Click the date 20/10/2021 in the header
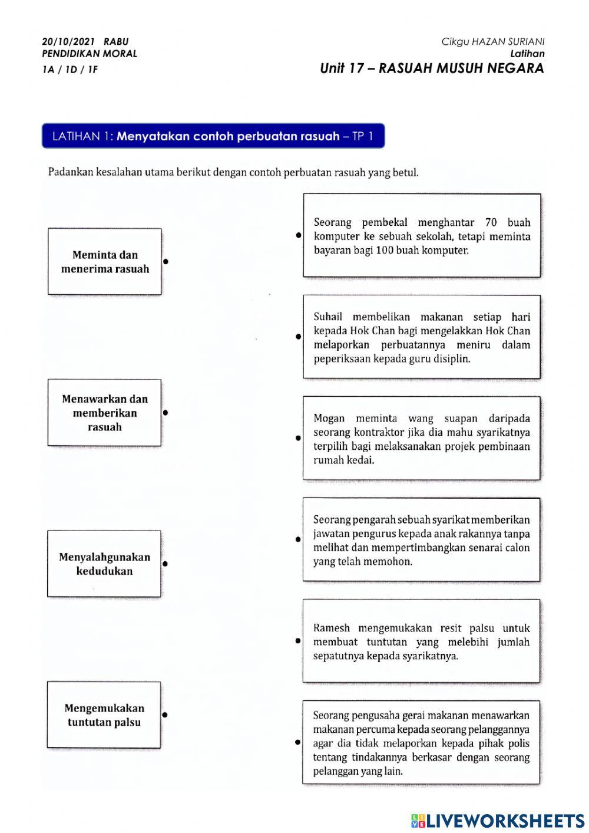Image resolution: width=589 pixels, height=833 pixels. coord(68,41)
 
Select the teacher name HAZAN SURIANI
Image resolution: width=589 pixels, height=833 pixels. coord(508,41)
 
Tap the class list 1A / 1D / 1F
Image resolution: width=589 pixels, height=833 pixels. coord(70,70)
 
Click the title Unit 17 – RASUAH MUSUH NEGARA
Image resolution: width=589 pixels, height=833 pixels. coord(432,68)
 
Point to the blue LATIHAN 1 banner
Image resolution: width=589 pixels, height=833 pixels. coord(213,136)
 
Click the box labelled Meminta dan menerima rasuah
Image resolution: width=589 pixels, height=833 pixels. coord(105,262)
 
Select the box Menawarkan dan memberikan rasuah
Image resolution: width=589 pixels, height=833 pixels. coord(104,413)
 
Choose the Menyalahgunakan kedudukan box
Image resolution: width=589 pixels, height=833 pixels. coord(104,564)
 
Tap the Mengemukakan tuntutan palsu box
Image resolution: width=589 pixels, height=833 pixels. coord(104,715)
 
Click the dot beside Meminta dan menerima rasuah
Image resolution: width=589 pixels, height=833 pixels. coord(166,261)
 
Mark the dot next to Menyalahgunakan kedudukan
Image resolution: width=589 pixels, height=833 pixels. coord(165,564)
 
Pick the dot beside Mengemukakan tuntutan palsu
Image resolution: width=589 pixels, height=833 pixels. coord(165,715)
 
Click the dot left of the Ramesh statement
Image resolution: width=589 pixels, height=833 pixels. coord(298,641)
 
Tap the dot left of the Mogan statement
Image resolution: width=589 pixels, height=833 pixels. coord(298,438)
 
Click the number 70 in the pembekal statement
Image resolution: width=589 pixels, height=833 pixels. coord(491,222)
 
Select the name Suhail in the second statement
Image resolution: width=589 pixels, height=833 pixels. coord(328,317)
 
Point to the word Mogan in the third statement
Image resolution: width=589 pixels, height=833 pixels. coord(329,418)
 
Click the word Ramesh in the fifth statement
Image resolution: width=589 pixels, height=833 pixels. coord(331,628)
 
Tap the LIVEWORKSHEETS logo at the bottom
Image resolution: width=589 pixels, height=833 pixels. coord(498,820)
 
